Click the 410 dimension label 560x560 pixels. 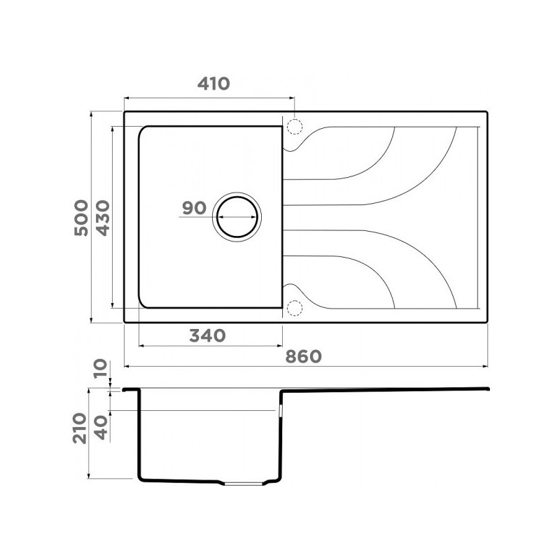213,83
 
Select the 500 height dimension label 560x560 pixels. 81,218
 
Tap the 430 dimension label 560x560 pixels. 103,218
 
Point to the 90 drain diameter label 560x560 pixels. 195,208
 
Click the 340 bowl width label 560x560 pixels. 207,336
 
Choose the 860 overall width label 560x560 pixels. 304,356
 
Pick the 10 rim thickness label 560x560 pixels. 100,369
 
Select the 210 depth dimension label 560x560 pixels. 80,428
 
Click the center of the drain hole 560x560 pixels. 237,217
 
